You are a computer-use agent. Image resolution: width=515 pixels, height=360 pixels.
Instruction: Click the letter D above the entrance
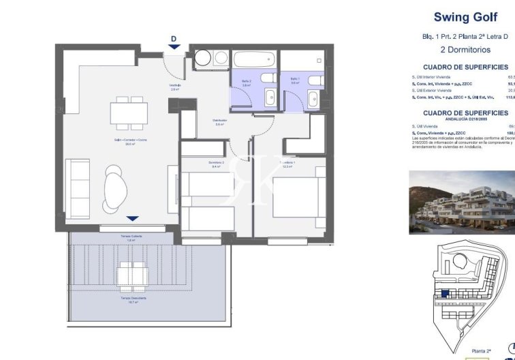(174, 38)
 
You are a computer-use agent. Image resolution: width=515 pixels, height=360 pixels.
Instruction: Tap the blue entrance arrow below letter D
(174, 46)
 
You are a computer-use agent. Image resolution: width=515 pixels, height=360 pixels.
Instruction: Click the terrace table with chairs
(132, 277)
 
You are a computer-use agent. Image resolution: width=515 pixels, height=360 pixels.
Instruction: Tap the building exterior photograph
(462, 202)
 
